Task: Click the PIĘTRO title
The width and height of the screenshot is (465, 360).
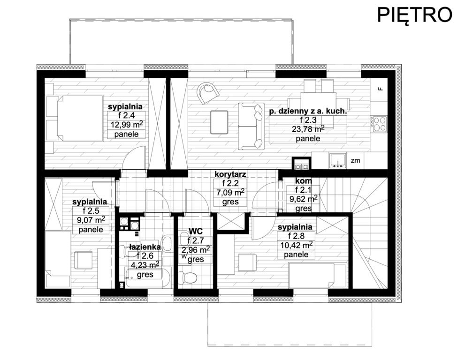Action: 415,15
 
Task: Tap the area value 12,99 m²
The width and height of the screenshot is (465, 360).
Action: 127,124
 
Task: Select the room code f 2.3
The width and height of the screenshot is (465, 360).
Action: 308,120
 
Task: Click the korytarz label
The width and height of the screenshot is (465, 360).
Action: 230,174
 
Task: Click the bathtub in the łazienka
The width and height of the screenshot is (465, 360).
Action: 148,277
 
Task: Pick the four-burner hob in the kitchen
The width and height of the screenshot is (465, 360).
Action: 379,124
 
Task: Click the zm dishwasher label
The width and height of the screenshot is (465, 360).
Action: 355,161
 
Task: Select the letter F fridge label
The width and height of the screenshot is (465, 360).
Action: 381,88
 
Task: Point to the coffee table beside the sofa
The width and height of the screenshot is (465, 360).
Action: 219,122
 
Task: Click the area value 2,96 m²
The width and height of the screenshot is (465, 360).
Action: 196,249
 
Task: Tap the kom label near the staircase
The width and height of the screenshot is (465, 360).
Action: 304,181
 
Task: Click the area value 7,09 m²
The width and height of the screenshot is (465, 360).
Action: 230,193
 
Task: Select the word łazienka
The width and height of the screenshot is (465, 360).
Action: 145,247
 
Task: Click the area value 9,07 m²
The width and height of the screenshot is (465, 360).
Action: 91,220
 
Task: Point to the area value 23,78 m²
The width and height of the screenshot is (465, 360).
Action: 308,129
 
